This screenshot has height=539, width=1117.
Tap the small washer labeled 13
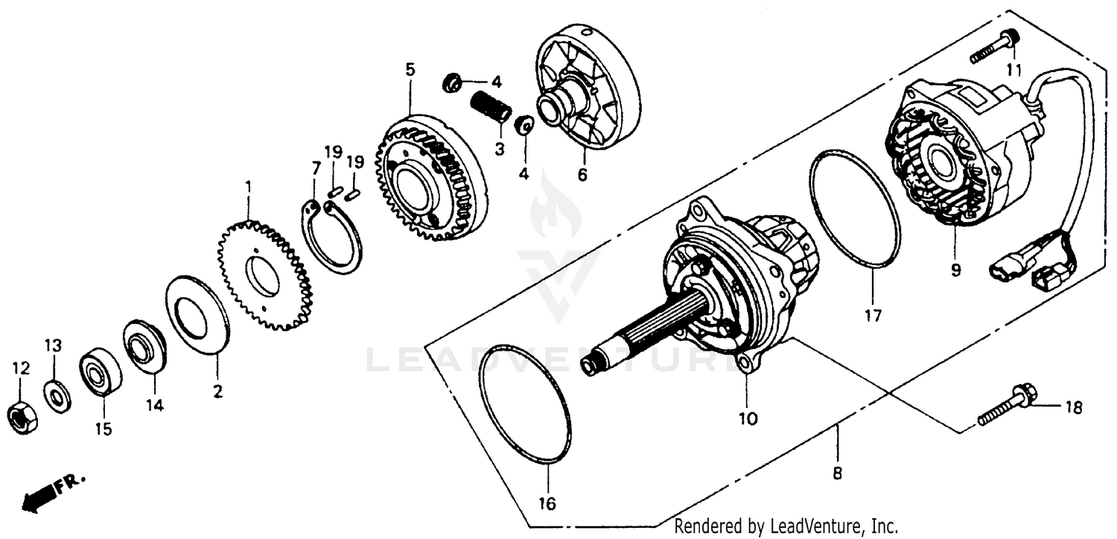pos(57,395)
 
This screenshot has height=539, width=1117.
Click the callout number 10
pos(747,419)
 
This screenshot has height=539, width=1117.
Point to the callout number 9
pos(955,271)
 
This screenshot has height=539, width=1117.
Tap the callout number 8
pos(837,472)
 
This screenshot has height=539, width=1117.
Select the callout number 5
pos(410,69)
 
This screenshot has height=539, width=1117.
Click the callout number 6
pos(582,175)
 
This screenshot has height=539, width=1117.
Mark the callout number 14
pos(154,406)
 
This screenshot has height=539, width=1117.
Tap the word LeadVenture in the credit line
pos(820,527)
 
